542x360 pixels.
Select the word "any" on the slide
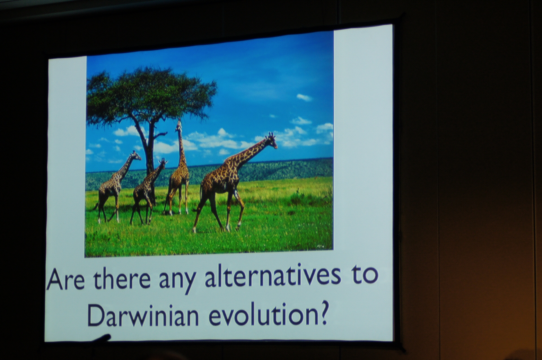(178, 280)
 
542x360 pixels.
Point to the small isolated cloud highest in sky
(304, 97)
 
